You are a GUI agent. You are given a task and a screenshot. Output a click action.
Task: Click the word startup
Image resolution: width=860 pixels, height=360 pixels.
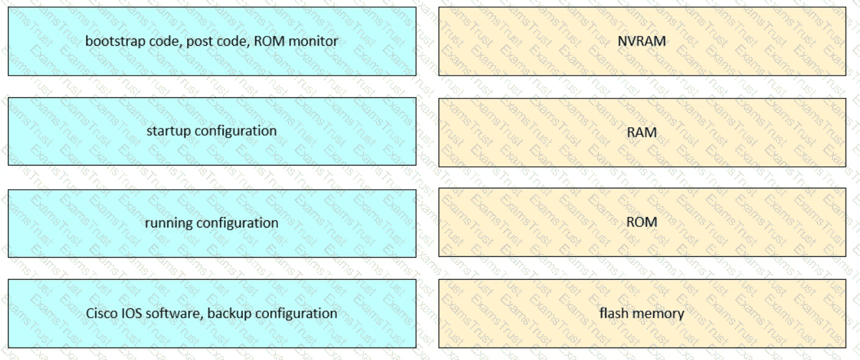168,131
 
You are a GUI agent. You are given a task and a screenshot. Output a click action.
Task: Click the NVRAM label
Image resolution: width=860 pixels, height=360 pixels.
641,41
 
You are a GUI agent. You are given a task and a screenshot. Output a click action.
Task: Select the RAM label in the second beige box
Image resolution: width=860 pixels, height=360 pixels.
641,132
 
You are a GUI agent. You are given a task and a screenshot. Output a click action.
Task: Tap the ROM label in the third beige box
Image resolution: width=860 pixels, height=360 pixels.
641,222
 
